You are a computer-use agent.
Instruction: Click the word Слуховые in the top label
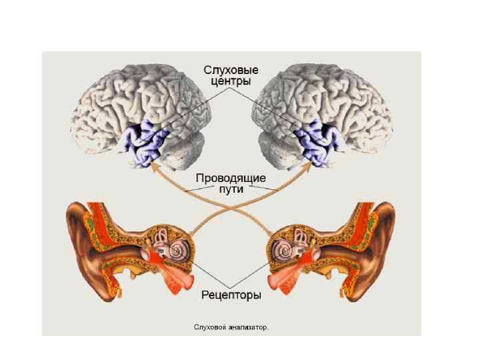coord(231,69)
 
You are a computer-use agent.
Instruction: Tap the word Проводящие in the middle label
coord(231,178)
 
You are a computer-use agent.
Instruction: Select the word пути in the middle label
coord(231,189)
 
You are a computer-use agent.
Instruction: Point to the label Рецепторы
coord(231,294)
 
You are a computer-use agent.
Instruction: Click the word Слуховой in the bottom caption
coord(209,327)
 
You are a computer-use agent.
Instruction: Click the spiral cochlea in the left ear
coord(178,252)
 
